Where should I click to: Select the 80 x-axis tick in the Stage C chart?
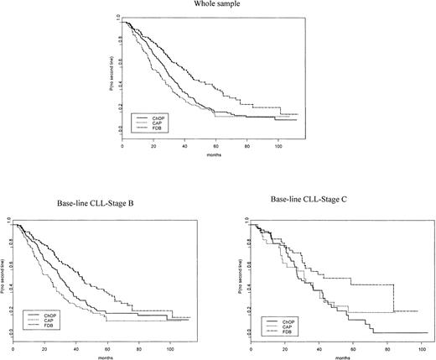(x=383, y=348)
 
